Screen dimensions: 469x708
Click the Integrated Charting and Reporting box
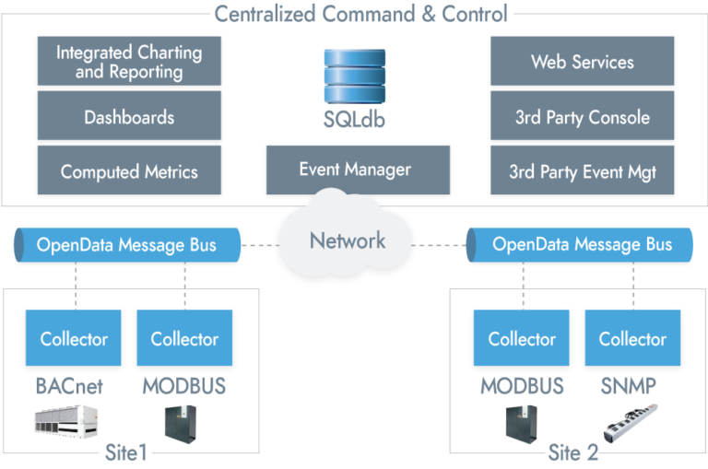point(129,62)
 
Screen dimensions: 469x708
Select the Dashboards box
point(129,117)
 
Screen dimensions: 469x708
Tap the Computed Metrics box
point(129,170)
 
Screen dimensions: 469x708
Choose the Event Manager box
point(355,170)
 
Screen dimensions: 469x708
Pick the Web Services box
point(582,62)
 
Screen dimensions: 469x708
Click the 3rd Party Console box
point(582,117)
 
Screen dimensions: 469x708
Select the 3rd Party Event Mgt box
point(582,170)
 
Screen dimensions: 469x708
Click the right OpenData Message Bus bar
point(581,245)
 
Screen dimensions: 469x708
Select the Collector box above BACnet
point(74,338)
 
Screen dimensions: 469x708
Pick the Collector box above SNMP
point(631,338)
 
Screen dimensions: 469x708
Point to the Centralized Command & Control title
point(360,13)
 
